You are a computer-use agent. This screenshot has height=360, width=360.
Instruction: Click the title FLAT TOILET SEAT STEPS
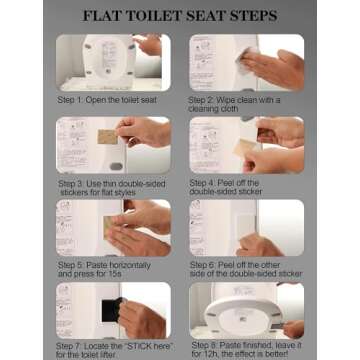180,16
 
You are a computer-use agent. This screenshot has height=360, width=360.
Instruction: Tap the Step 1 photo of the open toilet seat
113,62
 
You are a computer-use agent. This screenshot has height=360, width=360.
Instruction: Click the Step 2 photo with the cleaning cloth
246,62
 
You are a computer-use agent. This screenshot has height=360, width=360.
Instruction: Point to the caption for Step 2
240,104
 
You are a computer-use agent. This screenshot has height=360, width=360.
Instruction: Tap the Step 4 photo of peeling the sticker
246,145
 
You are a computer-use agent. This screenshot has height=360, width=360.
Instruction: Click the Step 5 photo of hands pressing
113,228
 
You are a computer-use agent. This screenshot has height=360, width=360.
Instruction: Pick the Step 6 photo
246,228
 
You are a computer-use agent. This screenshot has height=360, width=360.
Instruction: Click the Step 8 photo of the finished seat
246,310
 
